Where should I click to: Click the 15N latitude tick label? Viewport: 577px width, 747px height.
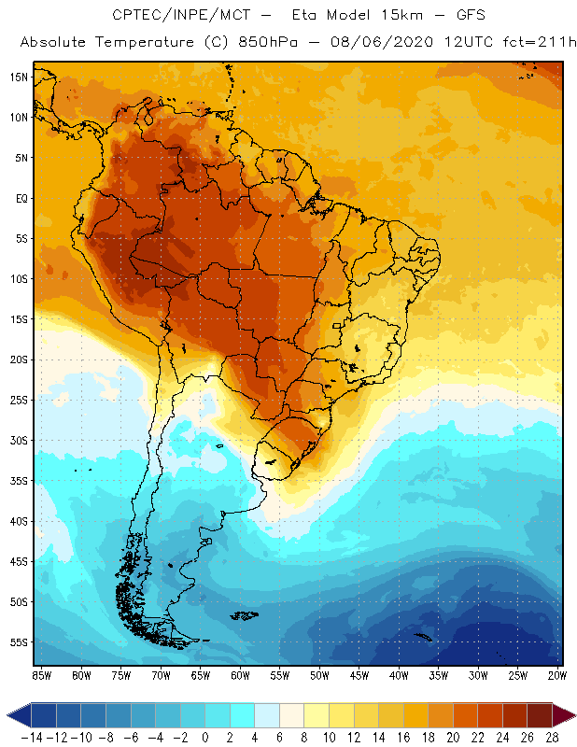click(x=19, y=77)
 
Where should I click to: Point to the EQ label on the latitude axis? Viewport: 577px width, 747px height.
click(x=21, y=198)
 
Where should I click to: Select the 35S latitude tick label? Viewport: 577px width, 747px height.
click(x=19, y=481)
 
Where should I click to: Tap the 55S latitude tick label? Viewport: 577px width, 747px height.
click(x=19, y=642)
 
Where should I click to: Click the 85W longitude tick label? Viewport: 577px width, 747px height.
click(x=41, y=675)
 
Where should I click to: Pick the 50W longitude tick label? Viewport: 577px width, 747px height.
click(x=319, y=675)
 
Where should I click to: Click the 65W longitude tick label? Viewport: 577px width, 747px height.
click(x=201, y=675)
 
